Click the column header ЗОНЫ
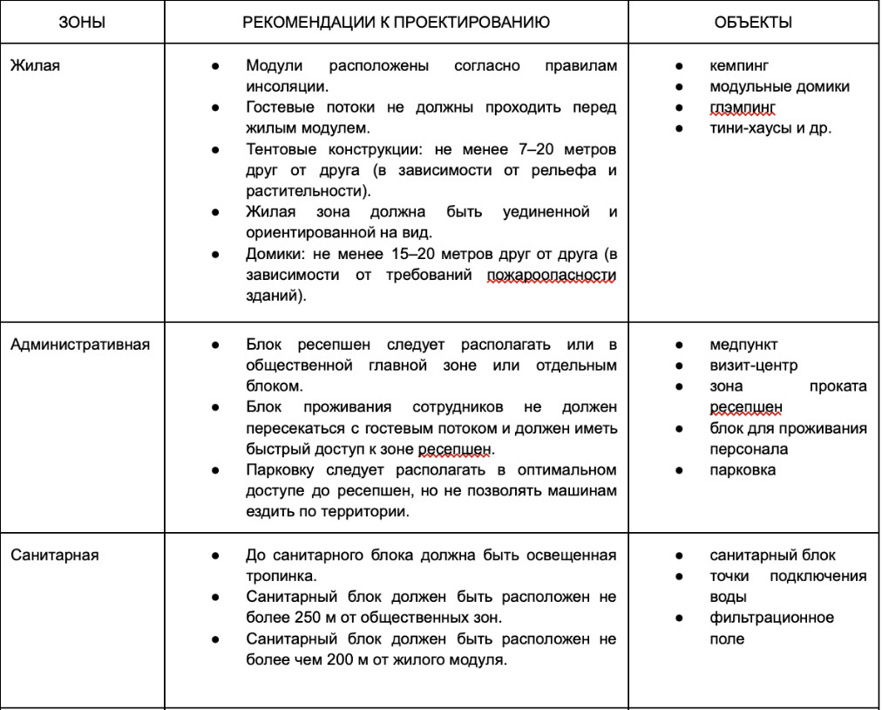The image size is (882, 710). (x=82, y=23)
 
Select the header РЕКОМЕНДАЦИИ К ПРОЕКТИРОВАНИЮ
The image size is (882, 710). (x=396, y=23)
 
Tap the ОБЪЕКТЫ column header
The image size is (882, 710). (x=753, y=23)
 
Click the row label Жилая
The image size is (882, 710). (x=35, y=65)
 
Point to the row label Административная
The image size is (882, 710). (x=80, y=345)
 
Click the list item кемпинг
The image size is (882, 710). (x=739, y=65)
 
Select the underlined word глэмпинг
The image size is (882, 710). (x=742, y=107)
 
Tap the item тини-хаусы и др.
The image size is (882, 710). (x=770, y=128)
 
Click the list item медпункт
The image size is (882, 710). (x=743, y=345)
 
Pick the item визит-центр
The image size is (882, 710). (x=753, y=365)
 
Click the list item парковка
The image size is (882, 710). (x=743, y=470)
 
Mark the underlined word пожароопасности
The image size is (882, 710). (x=551, y=275)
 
